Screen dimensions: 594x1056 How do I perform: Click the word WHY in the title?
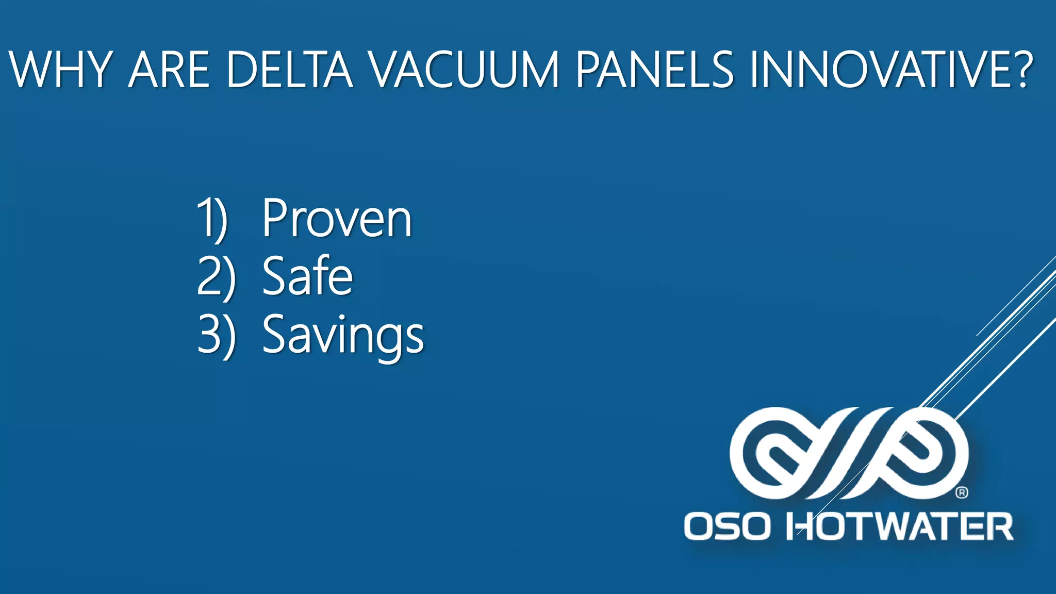click(60, 70)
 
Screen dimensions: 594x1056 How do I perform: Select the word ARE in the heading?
click(169, 70)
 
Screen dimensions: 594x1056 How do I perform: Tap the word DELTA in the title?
click(289, 70)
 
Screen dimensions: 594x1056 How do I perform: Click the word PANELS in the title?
click(654, 70)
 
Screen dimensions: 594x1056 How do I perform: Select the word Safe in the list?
click(307, 276)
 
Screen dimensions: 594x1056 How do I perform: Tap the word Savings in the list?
click(343, 335)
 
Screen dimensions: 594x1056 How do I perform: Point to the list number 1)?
click(212, 219)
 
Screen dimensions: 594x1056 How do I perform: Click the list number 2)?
click(216, 276)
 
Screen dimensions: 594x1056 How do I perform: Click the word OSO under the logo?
click(727, 526)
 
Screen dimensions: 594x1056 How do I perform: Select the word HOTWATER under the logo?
click(899, 526)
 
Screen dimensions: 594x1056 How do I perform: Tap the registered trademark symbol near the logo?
click(962, 492)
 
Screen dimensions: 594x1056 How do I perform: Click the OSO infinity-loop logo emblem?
click(849, 453)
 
